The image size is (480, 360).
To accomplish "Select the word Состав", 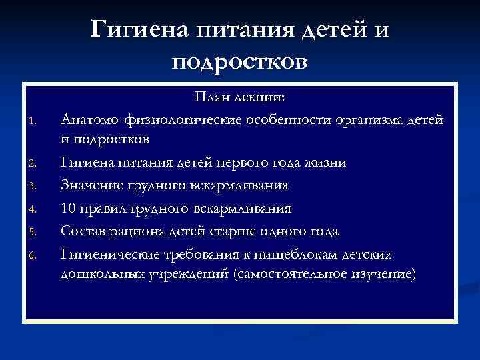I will [x=81, y=231].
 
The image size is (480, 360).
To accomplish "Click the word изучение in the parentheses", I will [x=376, y=275].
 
